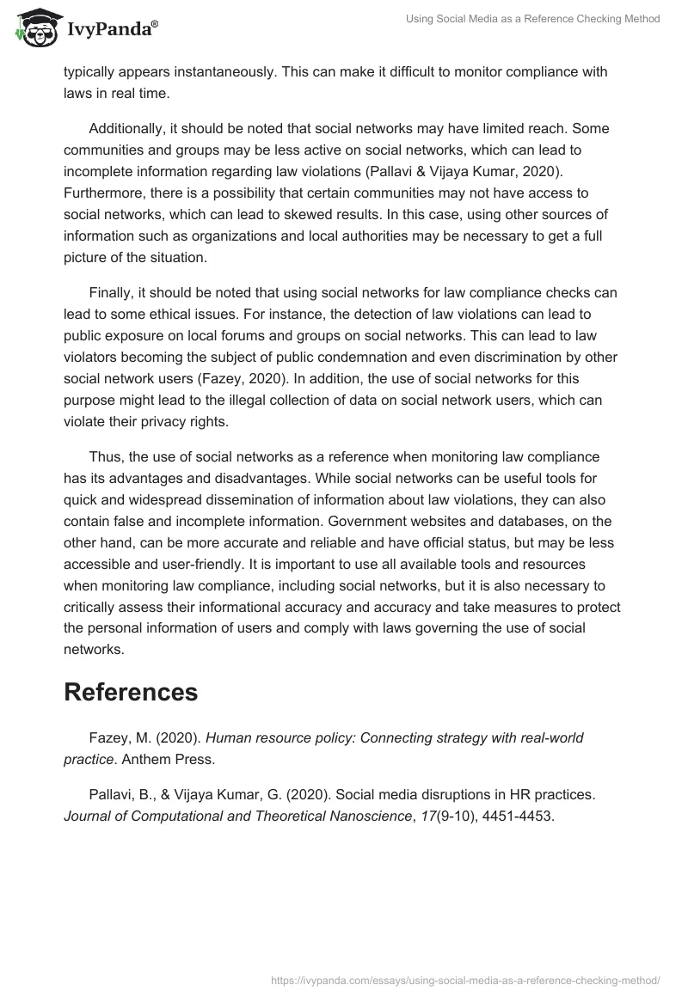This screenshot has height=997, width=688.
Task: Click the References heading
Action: [131, 692]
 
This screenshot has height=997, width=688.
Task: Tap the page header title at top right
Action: [533, 19]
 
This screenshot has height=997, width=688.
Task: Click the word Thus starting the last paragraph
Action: [107, 456]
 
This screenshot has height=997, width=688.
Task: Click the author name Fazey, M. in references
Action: [120, 737]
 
